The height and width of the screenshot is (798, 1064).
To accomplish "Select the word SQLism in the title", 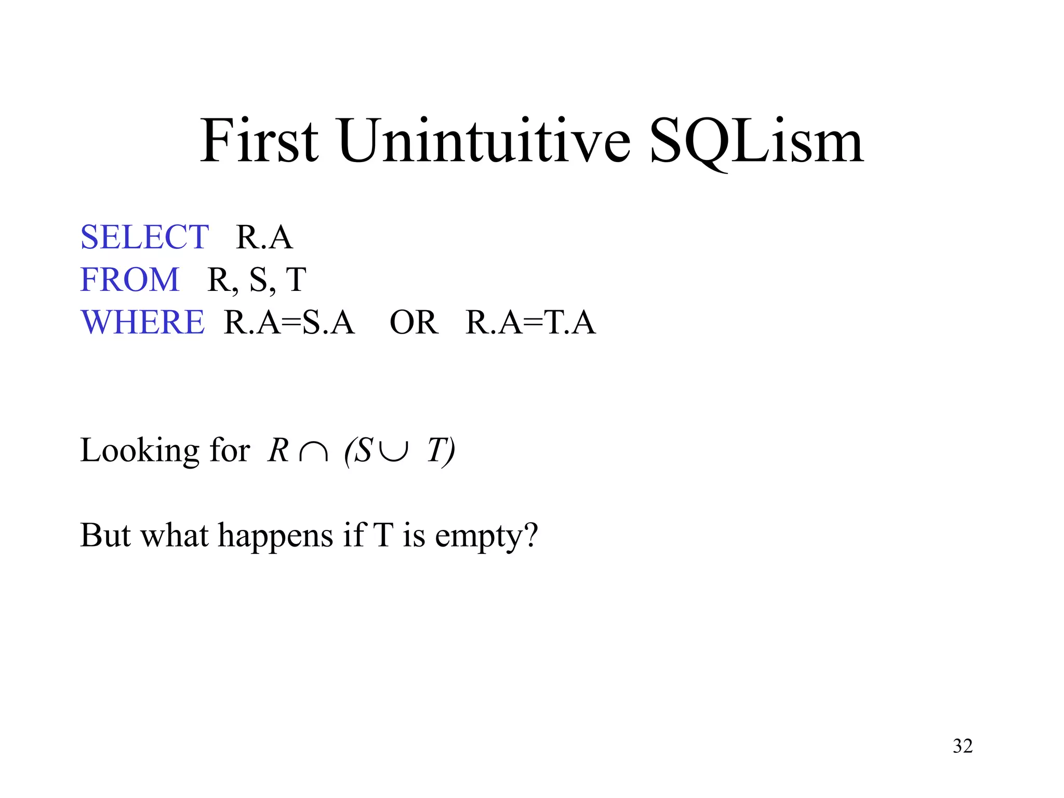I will pos(756,141).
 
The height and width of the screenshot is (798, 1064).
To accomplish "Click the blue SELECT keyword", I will pos(144,237).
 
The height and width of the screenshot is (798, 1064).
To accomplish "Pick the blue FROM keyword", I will pos(130,280).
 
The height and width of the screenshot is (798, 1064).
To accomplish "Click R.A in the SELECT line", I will pos(264,237).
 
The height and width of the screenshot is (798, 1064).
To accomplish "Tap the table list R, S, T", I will pos(257,280).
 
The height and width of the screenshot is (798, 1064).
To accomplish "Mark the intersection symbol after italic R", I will pos(314,452).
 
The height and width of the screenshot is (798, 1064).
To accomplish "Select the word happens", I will pos(275,536).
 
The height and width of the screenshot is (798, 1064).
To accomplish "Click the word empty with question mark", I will pos(486,536).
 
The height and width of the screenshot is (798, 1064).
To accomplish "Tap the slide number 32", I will pos(962,746).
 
